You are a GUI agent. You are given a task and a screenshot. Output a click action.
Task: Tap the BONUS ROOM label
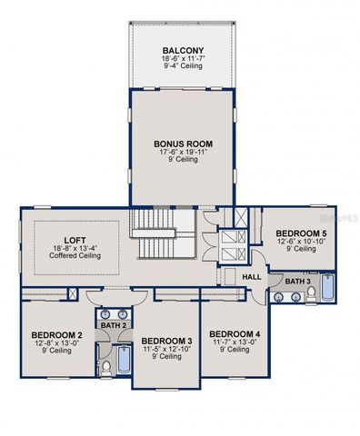point(183,143)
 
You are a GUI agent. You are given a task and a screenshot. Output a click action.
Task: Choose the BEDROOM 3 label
point(165,341)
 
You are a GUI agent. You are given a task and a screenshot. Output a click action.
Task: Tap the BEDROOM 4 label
point(234,334)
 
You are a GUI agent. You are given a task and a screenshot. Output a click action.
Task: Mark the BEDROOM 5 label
point(301,233)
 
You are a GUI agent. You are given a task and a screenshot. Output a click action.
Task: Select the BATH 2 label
point(113,324)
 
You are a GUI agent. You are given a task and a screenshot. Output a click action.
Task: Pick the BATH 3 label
point(297,282)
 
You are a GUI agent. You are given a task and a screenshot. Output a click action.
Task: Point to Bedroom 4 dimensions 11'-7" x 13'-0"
point(234,342)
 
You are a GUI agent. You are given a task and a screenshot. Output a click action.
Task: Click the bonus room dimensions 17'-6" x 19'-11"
point(183,152)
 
